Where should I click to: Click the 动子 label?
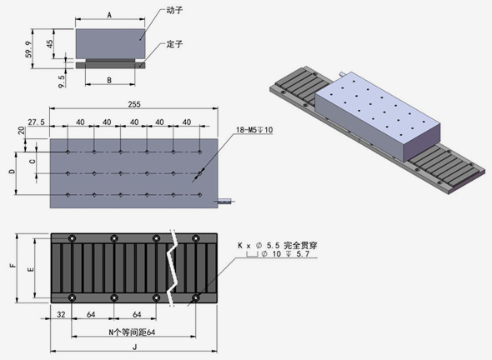pyautogui.click(x=174, y=10)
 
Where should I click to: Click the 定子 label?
pyautogui.click(x=174, y=44)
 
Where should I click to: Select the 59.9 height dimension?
pyautogui.click(x=28, y=49)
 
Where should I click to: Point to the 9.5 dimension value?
pyautogui.click(x=62, y=81)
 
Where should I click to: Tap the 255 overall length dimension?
pyautogui.click(x=134, y=104)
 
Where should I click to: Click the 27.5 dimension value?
pyautogui.click(x=37, y=122)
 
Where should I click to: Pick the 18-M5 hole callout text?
pyautogui.click(x=254, y=129)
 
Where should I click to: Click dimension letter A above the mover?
pyautogui.click(x=109, y=15)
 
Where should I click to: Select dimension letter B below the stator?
pyautogui.click(x=109, y=80)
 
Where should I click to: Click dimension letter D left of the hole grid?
pyautogui.click(x=12, y=171)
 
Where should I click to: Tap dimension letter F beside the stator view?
pyautogui.click(x=13, y=265)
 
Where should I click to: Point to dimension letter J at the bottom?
pyautogui.click(x=135, y=347)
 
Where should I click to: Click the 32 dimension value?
pyautogui.click(x=61, y=314)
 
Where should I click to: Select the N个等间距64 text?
pyautogui.click(x=132, y=332)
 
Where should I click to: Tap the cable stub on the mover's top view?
pyautogui.click(x=224, y=200)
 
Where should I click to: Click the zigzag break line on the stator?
pyautogui.click(x=172, y=268)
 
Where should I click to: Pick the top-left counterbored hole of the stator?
pyautogui.click(x=73, y=238)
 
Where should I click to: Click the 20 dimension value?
pyautogui.click(x=22, y=131)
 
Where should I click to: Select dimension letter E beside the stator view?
pyautogui.click(x=31, y=269)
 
